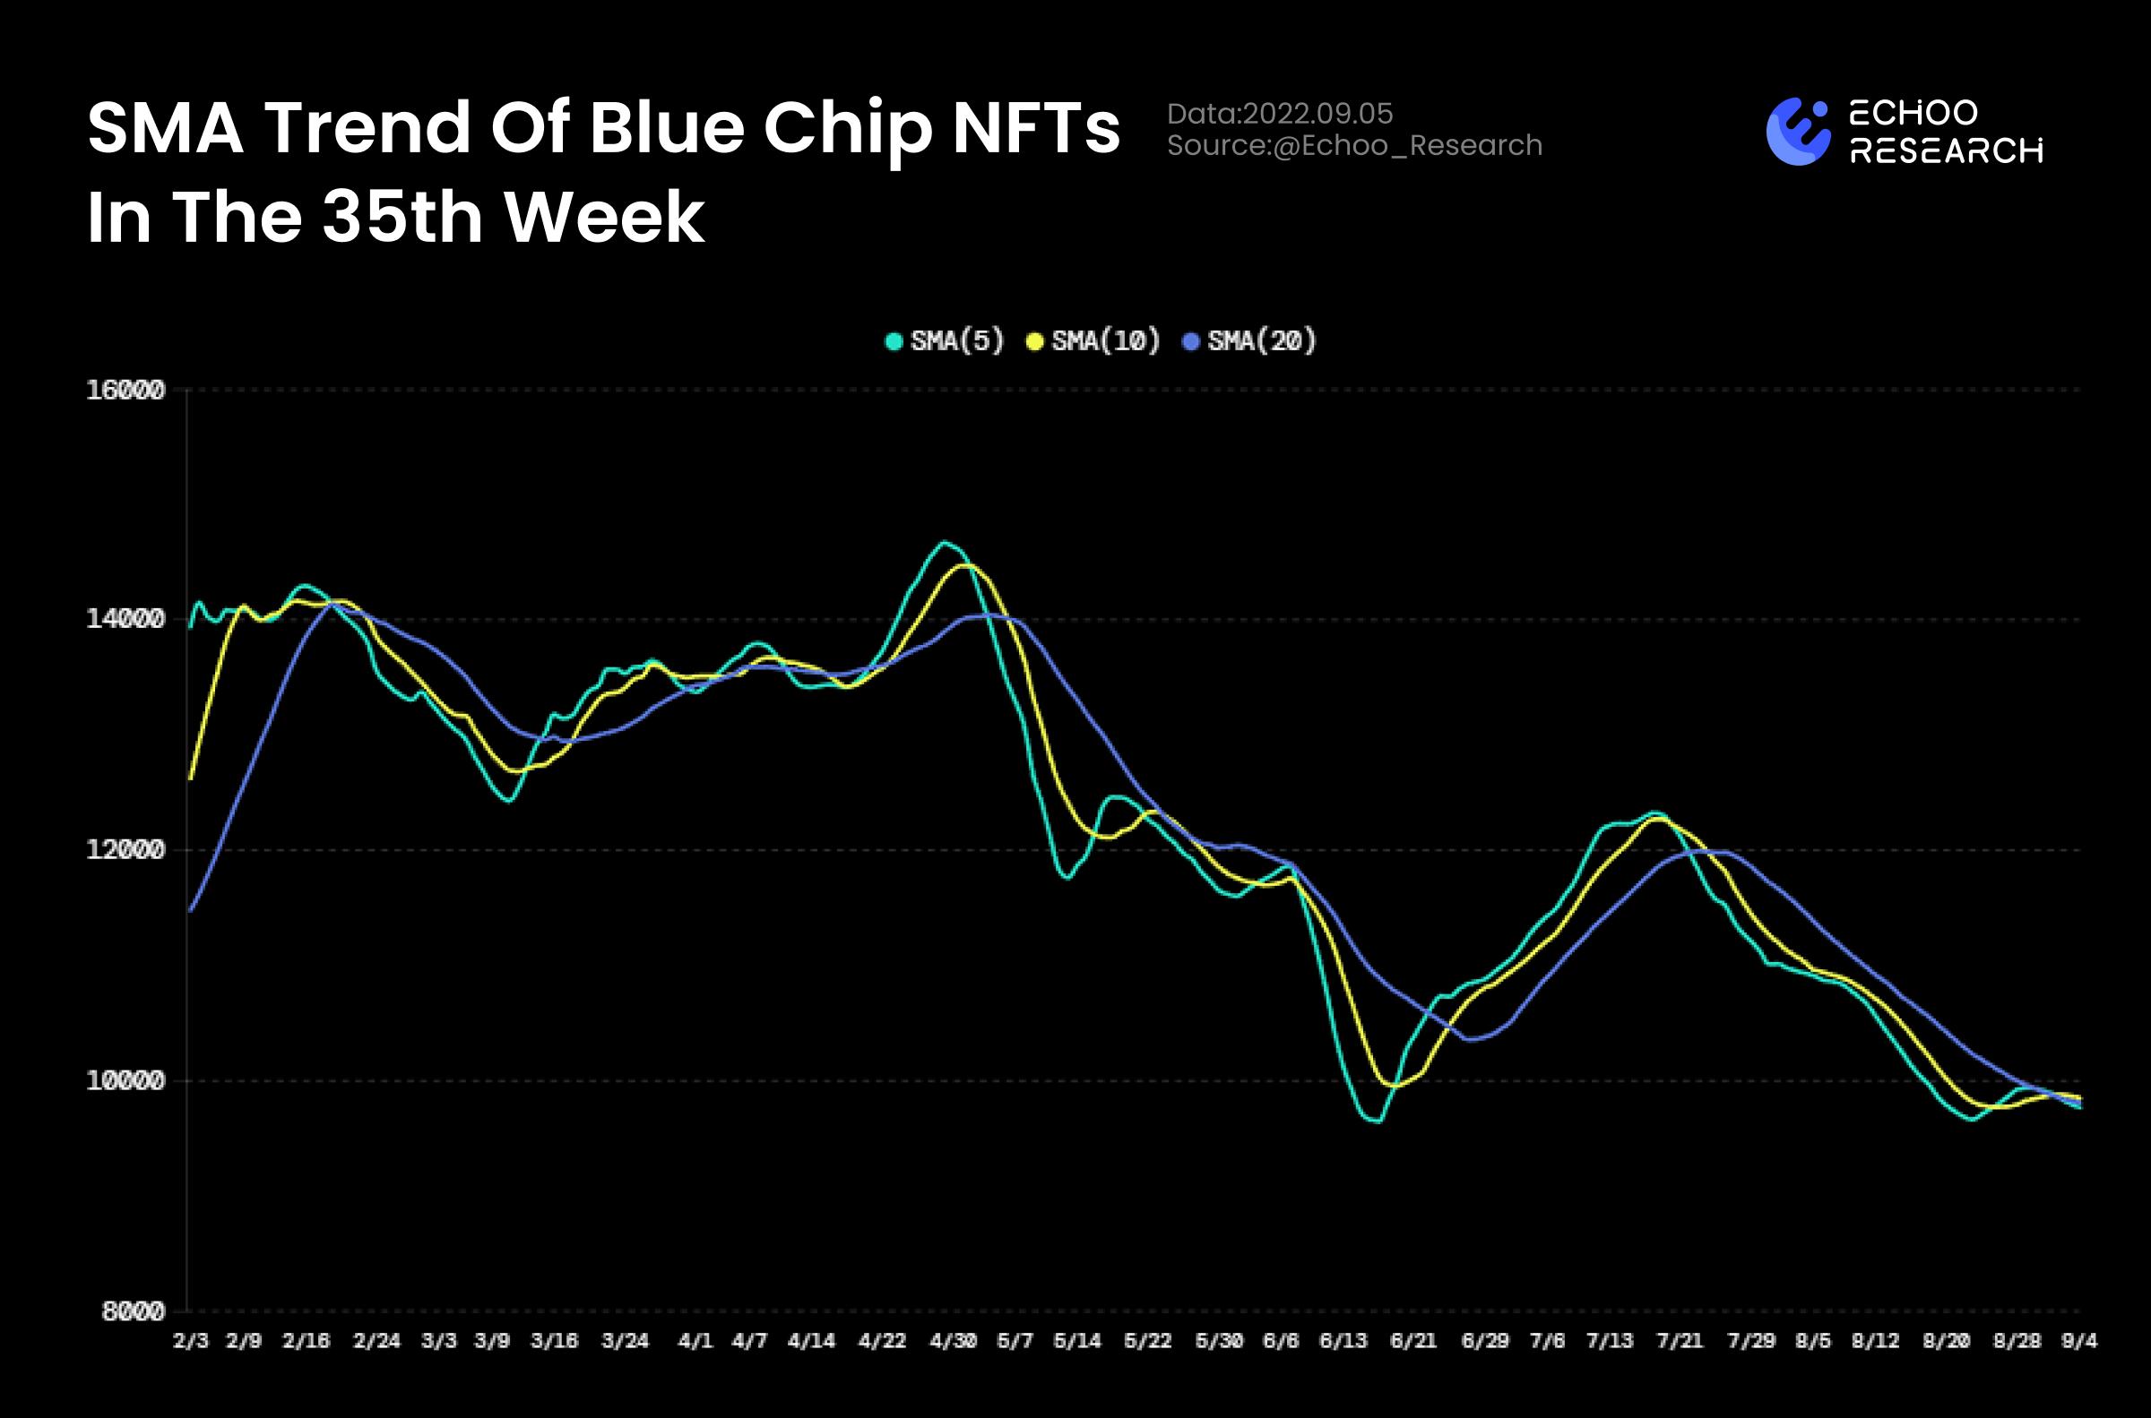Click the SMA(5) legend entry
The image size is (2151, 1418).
[946, 341]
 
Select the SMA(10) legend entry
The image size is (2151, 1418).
[1093, 341]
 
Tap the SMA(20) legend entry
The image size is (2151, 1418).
[1250, 341]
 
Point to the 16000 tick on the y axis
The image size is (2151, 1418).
[125, 390]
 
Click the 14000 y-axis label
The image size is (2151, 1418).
[125, 620]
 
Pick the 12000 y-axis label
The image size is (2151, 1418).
[125, 850]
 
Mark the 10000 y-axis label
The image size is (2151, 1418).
[125, 1080]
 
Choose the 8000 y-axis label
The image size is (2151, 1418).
[133, 1311]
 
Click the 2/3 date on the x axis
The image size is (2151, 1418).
[190, 1340]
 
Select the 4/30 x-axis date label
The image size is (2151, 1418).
[953, 1340]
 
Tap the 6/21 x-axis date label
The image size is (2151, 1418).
[1412, 1340]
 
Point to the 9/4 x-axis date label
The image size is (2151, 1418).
[2078, 1340]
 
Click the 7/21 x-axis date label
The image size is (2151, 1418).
[1680, 1340]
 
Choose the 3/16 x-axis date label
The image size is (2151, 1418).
[554, 1340]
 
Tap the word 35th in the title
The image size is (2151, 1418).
[402, 217]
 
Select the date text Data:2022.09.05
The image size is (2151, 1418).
[1279, 113]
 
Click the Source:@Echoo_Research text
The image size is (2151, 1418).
[1354, 145]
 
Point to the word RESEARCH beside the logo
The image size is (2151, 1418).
[1946, 150]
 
